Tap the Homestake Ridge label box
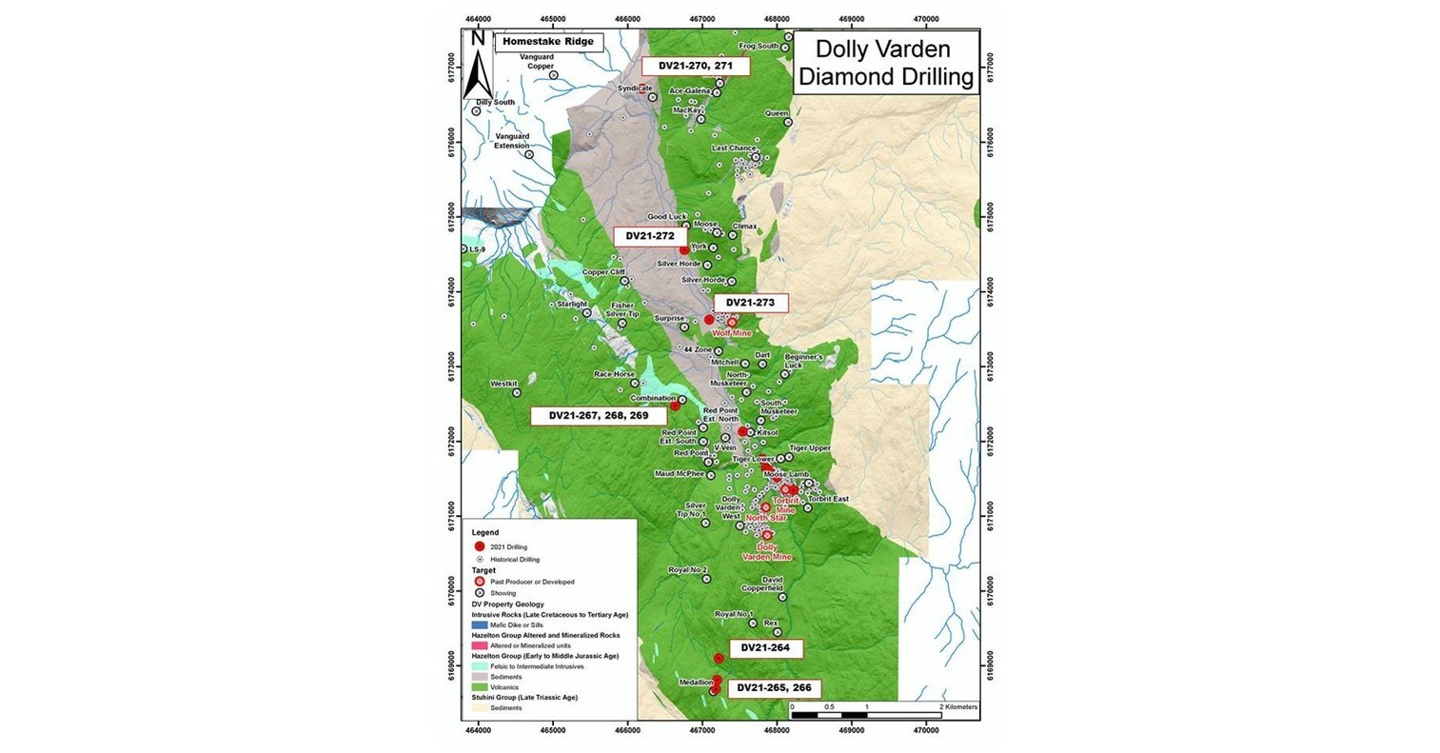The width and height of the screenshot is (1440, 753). pos(547,42)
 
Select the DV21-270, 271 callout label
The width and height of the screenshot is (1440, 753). pos(695,66)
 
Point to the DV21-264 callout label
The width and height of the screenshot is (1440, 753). pos(764,648)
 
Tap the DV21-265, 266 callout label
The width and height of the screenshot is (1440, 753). pos(774,687)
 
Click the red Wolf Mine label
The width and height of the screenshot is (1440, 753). pos(731,334)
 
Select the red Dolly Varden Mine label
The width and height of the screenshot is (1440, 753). pos(767,551)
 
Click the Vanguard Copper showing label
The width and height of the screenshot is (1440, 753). pos(542,62)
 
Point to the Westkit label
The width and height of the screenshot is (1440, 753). pos(502,385)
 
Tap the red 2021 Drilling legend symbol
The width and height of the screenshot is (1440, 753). pos(480,545)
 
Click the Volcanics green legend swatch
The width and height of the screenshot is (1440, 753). pos(480,686)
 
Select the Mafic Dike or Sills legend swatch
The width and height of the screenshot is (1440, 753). pos(480,624)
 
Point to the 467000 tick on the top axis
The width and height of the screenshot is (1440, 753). pos(702,18)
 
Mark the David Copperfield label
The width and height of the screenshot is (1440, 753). pos(772,584)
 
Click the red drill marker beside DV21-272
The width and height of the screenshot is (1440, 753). pos(684,249)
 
